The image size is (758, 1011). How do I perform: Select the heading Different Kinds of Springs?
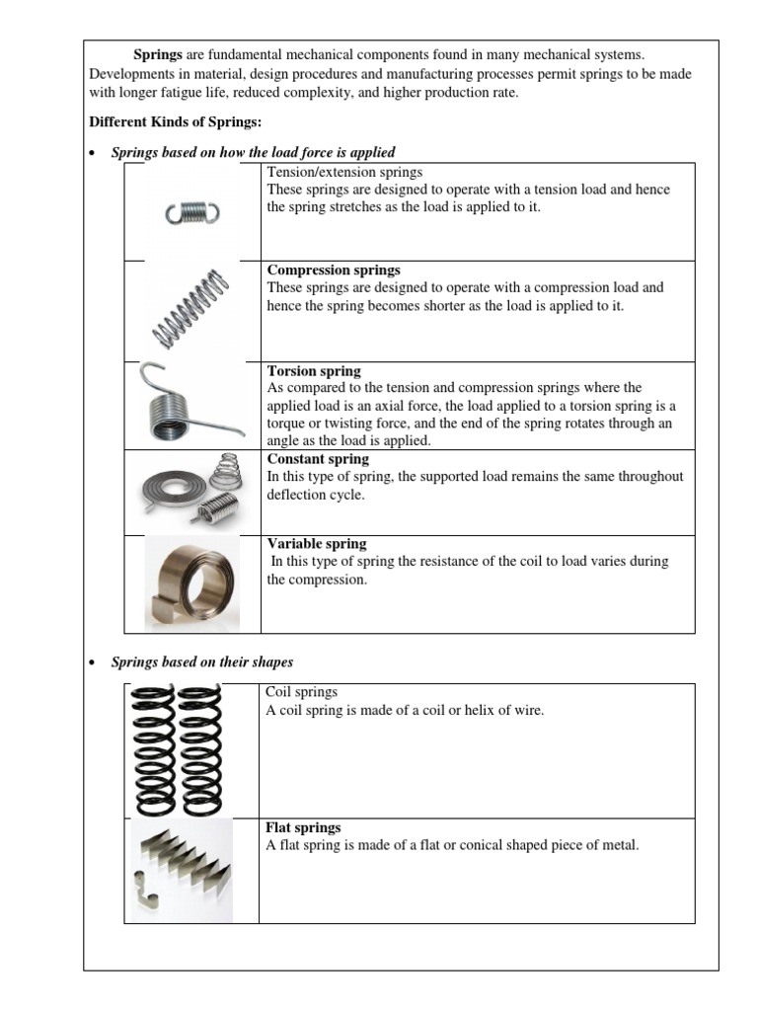(x=175, y=122)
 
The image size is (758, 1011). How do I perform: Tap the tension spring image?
(x=192, y=212)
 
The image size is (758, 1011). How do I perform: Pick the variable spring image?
(x=193, y=584)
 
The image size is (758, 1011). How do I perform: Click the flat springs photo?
(x=182, y=869)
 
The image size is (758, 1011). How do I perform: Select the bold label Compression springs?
(x=334, y=270)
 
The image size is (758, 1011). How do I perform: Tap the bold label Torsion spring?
(x=314, y=371)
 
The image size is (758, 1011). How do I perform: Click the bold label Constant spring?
(x=318, y=459)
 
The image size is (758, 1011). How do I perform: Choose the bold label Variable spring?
(x=317, y=544)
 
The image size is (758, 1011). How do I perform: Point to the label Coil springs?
(x=302, y=692)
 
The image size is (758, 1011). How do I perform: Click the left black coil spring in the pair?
(x=156, y=749)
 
